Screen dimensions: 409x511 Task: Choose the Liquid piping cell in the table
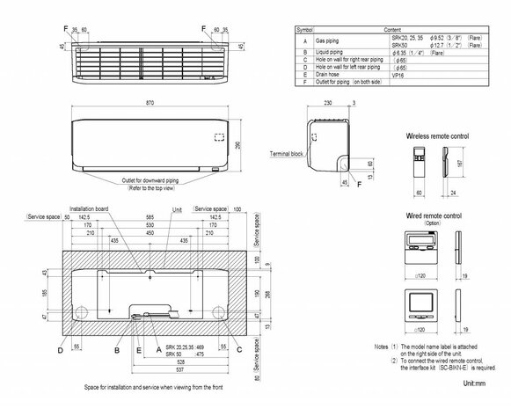pos(331,53)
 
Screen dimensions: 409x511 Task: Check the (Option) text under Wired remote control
pos(430,223)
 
